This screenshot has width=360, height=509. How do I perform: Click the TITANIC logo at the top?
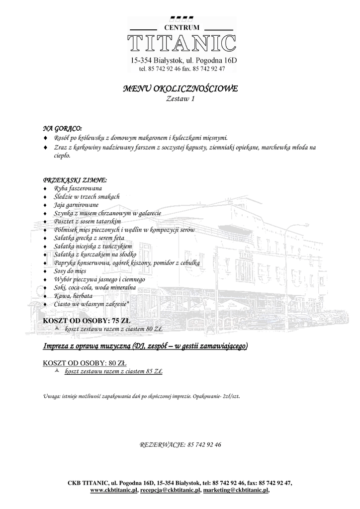coord(181,43)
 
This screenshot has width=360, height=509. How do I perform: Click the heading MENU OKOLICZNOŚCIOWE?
coord(180,89)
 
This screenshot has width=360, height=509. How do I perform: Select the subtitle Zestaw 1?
coord(180,99)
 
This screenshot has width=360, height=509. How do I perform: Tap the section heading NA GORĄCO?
coord(63,128)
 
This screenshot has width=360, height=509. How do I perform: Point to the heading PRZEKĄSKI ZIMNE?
coord(75,180)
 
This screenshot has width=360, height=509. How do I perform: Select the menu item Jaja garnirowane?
coord(76,205)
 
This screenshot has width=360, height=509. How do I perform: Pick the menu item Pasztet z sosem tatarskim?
coord(88,221)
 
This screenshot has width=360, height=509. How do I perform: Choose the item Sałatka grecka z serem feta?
coord(89,238)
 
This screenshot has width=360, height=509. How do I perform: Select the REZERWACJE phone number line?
coord(180,444)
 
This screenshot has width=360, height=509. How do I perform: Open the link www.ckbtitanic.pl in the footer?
coord(114,490)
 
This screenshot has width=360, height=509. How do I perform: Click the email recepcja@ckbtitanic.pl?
coord(171,490)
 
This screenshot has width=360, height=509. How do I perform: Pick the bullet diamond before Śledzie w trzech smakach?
coord(46,197)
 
